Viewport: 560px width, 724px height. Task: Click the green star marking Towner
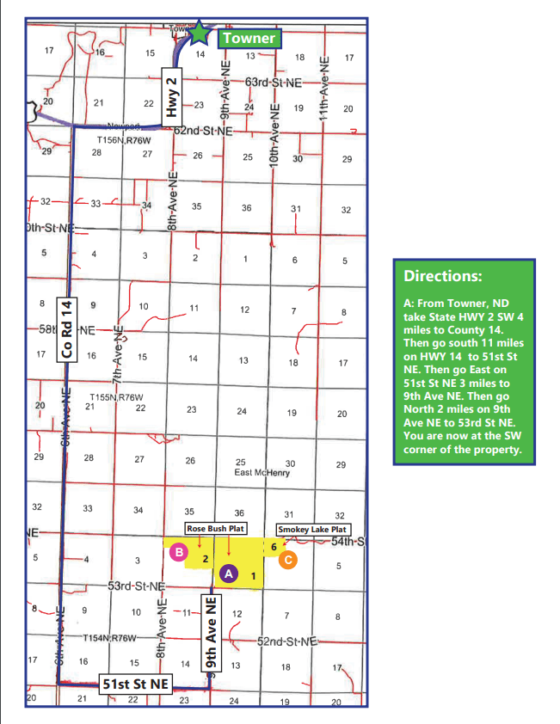click(200, 34)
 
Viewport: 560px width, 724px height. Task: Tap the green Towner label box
click(248, 38)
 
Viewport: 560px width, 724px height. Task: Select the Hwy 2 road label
click(172, 95)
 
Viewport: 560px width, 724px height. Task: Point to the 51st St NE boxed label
click(135, 684)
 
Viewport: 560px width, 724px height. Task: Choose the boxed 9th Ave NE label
click(211, 635)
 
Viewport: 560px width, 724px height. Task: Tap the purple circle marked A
click(228, 572)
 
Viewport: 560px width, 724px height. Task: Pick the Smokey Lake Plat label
click(311, 529)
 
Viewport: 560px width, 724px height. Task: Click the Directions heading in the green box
click(443, 277)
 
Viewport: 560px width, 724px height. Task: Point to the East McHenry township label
click(262, 472)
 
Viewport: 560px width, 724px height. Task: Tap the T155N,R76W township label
click(118, 397)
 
